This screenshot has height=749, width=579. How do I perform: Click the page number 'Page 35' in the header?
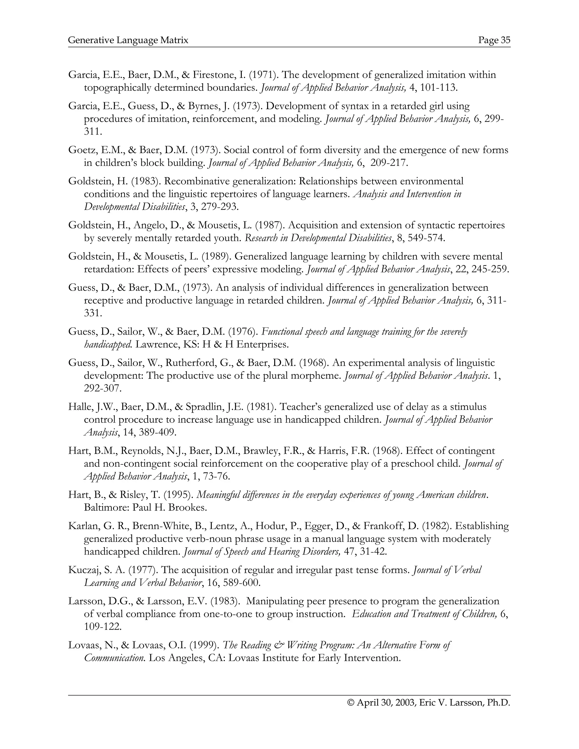point(494,40)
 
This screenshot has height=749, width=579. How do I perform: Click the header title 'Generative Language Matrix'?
point(128,40)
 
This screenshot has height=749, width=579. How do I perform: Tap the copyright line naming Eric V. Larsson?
point(429,703)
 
